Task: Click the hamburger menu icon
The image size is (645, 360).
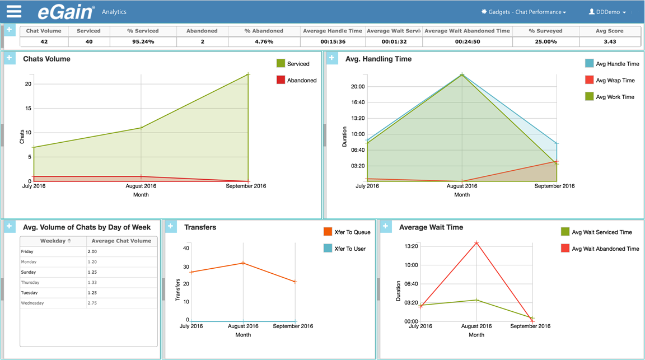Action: click(x=14, y=11)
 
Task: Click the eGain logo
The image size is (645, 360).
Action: click(x=66, y=12)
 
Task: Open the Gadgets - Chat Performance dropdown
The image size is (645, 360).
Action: click(x=524, y=12)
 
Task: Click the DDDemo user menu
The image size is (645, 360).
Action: click(x=607, y=12)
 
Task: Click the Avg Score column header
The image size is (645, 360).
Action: click(x=609, y=31)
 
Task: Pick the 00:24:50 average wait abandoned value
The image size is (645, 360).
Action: click(x=466, y=41)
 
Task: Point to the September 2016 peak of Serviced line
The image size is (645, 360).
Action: click(x=248, y=74)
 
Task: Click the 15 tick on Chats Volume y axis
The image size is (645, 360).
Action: click(x=28, y=108)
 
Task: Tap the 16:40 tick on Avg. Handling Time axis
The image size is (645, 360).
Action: click(x=357, y=102)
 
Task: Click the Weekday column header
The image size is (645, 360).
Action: click(x=53, y=241)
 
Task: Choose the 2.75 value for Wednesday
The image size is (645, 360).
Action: click(x=92, y=303)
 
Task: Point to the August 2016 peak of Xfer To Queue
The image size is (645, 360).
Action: click(x=243, y=263)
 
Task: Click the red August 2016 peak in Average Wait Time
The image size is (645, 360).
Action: click(x=476, y=242)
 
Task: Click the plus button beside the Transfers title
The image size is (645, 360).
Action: click(x=171, y=226)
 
